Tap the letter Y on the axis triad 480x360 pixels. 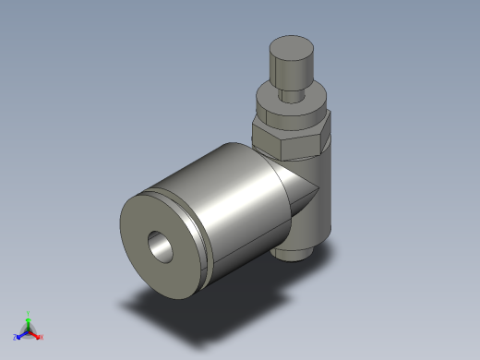click(x=29, y=312)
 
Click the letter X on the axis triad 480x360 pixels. click(x=42, y=337)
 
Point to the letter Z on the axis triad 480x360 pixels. click(x=15, y=338)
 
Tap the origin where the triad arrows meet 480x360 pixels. click(x=28, y=330)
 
